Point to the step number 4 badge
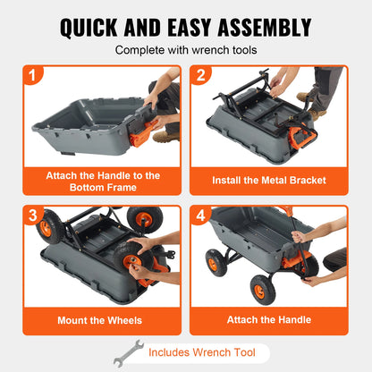pyautogui.click(x=201, y=216)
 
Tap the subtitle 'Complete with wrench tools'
pyautogui.click(x=186, y=50)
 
